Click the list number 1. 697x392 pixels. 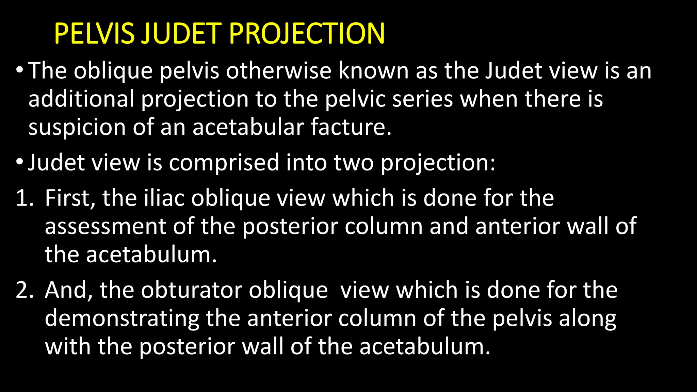click(x=24, y=198)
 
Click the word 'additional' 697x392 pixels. click(x=81, y=99)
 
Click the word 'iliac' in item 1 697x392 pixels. click(x=164, y=198)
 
